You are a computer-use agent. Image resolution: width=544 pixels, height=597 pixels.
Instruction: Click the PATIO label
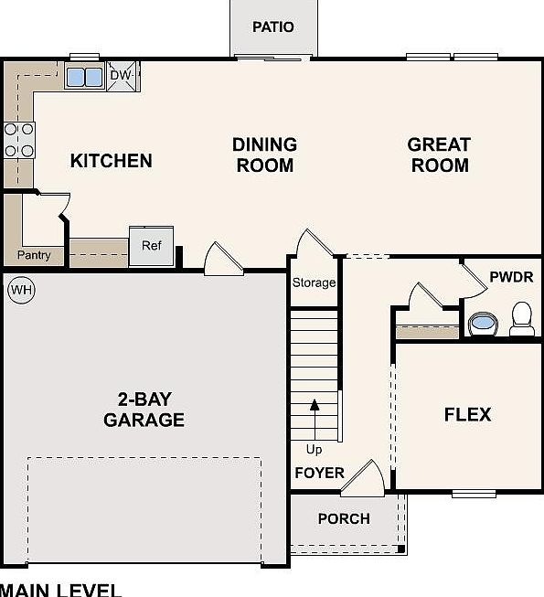273,27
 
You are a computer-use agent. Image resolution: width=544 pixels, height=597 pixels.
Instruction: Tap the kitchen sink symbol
84,77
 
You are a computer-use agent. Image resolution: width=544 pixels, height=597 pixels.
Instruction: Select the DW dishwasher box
122,76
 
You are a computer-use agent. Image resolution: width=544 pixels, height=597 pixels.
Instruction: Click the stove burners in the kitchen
18,140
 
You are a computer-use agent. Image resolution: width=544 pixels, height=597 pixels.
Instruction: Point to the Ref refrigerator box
151,246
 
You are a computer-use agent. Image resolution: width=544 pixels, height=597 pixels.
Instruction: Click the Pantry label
34,255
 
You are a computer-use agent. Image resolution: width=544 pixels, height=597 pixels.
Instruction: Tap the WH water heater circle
20,292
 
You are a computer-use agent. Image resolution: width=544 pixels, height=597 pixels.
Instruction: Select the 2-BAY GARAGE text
144,410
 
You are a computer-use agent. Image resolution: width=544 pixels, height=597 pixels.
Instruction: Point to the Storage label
314,283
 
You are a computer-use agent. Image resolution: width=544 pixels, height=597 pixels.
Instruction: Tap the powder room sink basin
482,323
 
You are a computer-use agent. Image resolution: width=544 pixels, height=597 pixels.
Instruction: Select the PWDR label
510,277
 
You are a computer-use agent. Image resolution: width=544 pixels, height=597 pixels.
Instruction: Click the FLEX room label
467,414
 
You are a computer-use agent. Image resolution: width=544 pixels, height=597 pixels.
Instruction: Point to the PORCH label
344,518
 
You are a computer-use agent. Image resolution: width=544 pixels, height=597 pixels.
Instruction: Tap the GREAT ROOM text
439,155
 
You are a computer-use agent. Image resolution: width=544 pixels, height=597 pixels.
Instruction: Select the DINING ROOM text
264,155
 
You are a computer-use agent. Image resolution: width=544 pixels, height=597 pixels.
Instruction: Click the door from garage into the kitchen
222,259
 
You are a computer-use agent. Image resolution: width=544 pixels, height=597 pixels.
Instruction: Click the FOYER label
319,473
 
